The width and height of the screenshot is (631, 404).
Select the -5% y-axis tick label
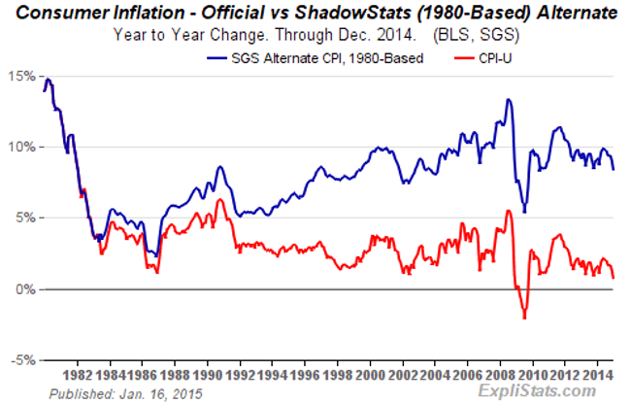click(23, 360)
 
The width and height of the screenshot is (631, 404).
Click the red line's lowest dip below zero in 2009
click(524, 318)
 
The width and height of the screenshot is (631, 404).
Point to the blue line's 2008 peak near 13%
click(508, 100)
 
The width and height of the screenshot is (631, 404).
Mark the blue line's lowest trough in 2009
click(523, 212)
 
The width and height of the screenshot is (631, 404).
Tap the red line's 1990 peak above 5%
click(221, 200)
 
